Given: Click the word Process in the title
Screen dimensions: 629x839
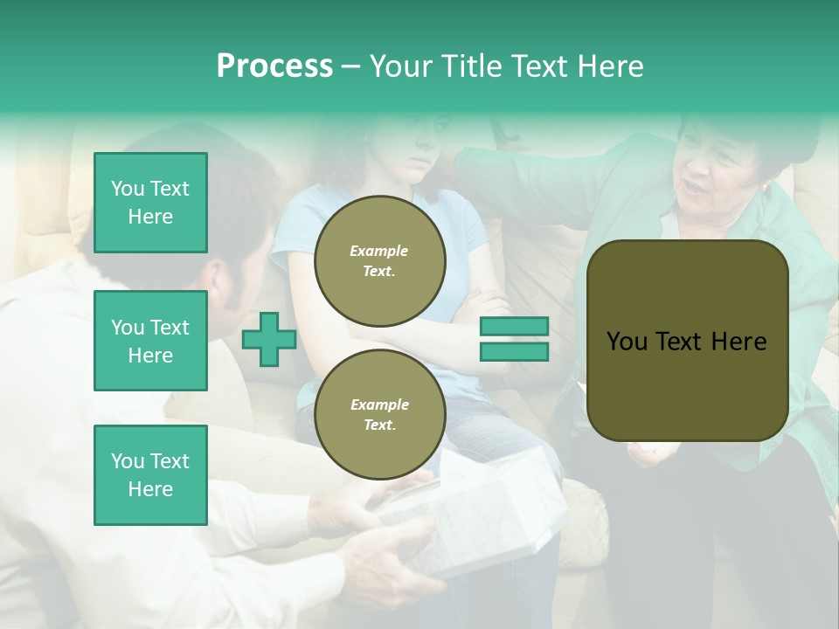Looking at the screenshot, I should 274,66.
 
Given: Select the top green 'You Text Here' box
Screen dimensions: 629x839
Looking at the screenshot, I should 150,203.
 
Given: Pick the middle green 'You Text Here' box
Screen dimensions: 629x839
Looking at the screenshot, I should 150,341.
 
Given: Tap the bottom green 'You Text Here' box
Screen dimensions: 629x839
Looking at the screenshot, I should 150,475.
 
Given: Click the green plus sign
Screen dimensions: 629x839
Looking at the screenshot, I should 269,339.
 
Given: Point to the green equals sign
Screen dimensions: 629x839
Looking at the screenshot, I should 514,339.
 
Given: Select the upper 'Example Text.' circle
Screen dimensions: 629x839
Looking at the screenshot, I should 379,260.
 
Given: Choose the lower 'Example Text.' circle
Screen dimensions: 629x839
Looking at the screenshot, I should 379,414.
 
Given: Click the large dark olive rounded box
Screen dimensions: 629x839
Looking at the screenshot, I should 687,341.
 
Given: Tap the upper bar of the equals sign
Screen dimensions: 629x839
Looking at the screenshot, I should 514,327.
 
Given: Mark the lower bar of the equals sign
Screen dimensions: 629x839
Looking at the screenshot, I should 514,351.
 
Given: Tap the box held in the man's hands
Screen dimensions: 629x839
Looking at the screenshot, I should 472,524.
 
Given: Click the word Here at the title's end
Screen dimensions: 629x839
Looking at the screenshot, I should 612,66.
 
